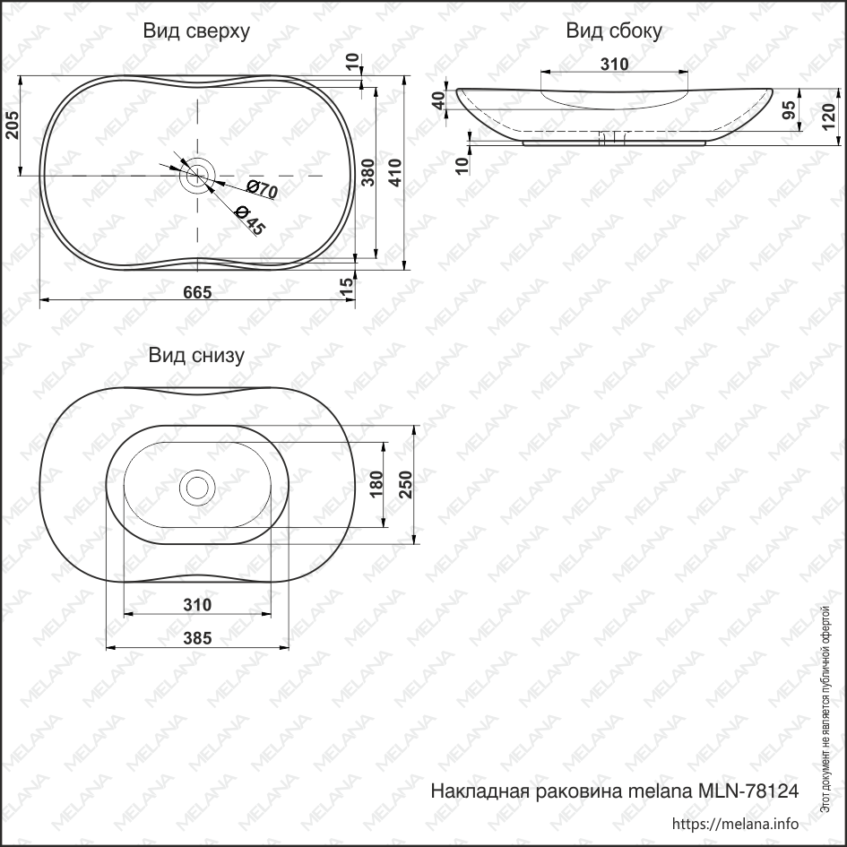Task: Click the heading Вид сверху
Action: pos(196,31)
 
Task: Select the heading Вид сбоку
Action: pos(614,31)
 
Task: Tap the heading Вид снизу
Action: pos(196,355)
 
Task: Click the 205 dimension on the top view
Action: pos(12,126)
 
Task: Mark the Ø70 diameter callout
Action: pos(261,190)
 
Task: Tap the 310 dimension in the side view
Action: pos(614,65)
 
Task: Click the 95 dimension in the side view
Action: pos(789,110)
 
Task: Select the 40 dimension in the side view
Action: pos(438,100)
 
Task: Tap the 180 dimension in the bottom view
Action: pos(376,485)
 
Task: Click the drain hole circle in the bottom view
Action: pos(197,487)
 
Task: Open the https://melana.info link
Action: pos(734,824)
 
